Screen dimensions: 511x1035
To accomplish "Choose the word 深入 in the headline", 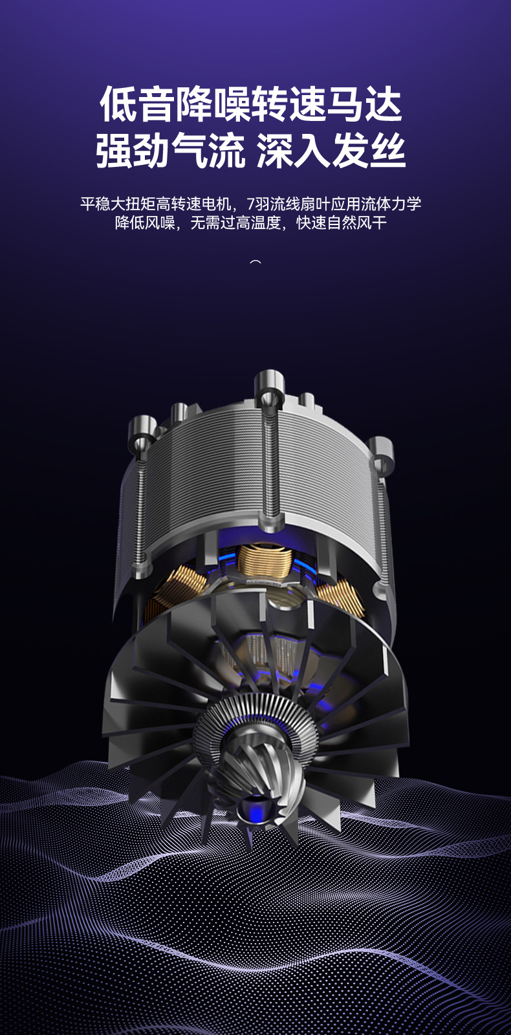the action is [x=294, y=151].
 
